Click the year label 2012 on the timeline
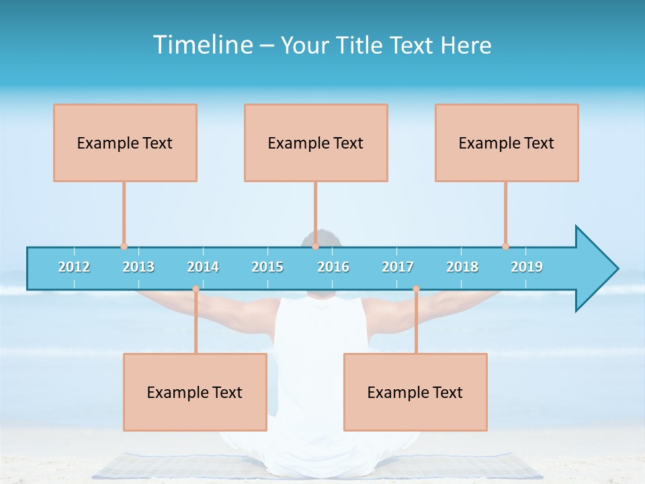74,267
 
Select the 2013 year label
138,267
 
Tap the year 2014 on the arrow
203,267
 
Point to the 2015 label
267,267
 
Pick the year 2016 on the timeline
333,267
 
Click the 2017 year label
398,267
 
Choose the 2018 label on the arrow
462,267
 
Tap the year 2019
527,267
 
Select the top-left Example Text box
125,143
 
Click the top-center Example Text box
316,143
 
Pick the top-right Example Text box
507,143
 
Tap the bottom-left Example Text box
195,392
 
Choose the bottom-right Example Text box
415,392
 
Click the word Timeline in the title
202,45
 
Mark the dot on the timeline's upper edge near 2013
124,247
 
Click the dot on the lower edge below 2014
196,289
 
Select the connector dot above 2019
505,246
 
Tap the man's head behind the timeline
321,237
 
